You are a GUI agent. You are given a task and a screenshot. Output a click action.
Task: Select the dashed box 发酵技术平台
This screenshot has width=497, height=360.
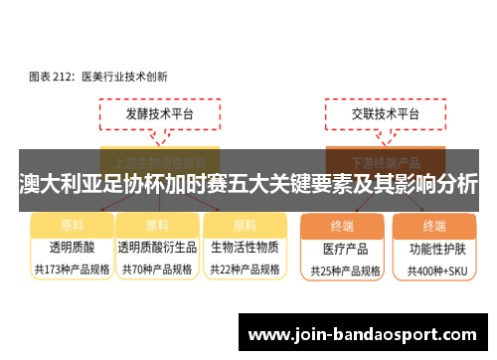tap(158, 114)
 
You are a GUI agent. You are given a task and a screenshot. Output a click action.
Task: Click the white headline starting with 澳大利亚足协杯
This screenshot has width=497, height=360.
tap(248, 184)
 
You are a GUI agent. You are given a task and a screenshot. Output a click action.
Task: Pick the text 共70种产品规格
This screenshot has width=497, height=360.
tap(157, 269)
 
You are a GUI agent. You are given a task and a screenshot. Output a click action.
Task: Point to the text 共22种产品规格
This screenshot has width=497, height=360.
tap(245, 269)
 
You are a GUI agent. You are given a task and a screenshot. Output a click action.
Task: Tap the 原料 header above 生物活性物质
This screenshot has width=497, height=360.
tap(245, 225)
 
